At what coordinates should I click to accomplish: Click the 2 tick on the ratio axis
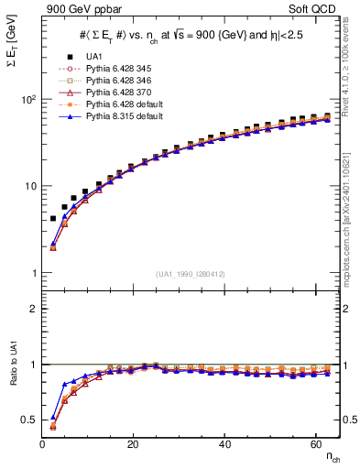[x=32, y=309]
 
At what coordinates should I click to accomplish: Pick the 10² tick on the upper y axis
[x=27, y=99]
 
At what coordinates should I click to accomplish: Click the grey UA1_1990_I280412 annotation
[x=191, y=274]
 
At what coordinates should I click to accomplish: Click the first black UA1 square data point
[x=53, y=218]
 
